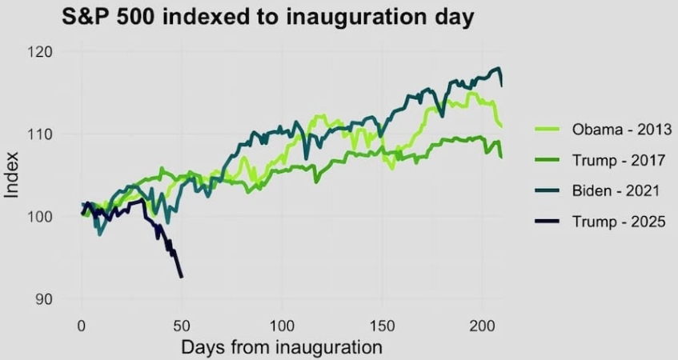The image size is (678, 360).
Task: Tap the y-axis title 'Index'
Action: point(12,175)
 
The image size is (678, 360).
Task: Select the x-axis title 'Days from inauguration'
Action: point(281,348)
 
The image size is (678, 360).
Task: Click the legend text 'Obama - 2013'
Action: point(620,130)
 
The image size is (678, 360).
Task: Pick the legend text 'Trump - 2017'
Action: point(619,160)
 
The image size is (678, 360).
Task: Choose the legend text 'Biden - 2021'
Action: point(616,191)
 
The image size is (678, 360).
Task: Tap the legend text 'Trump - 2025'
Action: point(619,222)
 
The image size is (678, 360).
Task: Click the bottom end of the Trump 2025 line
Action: point(182,277)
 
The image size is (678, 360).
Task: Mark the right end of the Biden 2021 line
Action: point(502,84)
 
